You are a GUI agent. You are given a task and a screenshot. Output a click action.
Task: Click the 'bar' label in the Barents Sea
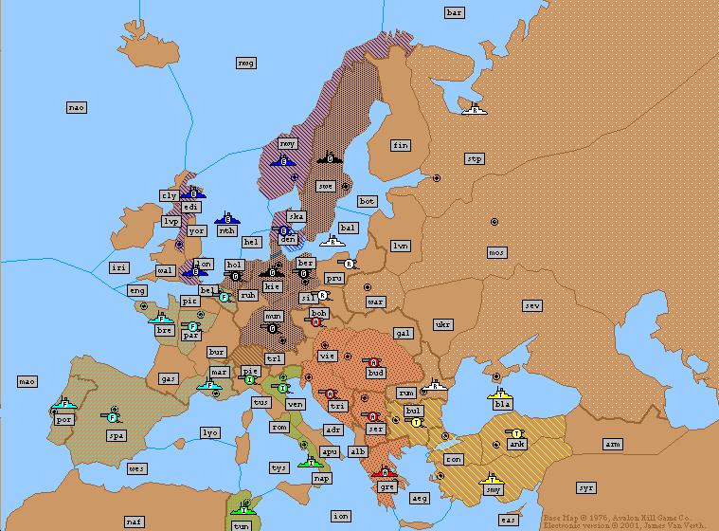pos(455,12)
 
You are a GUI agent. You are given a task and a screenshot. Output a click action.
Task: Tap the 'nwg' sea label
pos(246,63)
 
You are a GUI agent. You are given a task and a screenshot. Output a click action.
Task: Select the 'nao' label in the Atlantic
pos(77,107)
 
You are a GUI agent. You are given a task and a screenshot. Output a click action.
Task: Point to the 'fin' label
pos(401,145)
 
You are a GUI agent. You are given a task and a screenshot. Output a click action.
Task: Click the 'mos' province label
pos(496,252)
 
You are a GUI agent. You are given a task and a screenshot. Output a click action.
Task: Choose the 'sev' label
pos(533,305)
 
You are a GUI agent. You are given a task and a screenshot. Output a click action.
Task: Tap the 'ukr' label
pos(442,324)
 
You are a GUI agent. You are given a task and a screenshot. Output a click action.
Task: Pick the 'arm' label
pos(613,444)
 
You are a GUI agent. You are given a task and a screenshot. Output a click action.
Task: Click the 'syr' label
pos(586,487)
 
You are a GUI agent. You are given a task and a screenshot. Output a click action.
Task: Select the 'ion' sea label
pos(340,516)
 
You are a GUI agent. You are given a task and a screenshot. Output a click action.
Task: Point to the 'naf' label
pos(134,522)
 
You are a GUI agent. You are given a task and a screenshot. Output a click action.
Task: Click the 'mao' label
pos(27,381)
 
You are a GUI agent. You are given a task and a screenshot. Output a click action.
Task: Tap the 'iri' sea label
pos(118,267)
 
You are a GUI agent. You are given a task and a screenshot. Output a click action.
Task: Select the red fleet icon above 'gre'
pos(384,472)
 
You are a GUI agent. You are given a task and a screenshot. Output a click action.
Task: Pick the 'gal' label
pos(404,334)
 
